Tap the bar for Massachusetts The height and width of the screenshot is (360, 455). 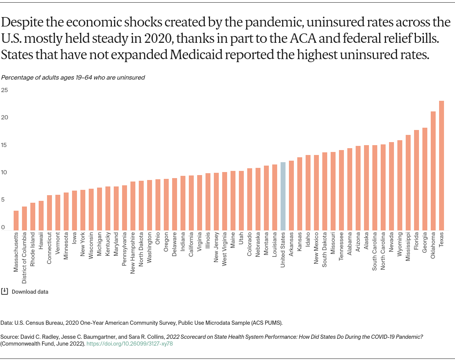tap(16, 220)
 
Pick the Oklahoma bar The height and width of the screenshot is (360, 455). tap(433, 171)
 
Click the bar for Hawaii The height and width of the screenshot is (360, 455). tap(41, 215)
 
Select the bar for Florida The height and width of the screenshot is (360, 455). tap(416, 180)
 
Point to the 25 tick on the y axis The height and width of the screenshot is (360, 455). tap(5, 90)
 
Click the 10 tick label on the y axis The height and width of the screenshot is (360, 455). tap(5, 172)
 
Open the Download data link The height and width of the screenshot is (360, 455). tap(30, 292)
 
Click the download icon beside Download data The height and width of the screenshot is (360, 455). tap(5, 291)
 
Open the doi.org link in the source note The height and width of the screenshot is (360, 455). tap(130, 343)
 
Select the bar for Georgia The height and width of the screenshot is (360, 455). tap(425, 179)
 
